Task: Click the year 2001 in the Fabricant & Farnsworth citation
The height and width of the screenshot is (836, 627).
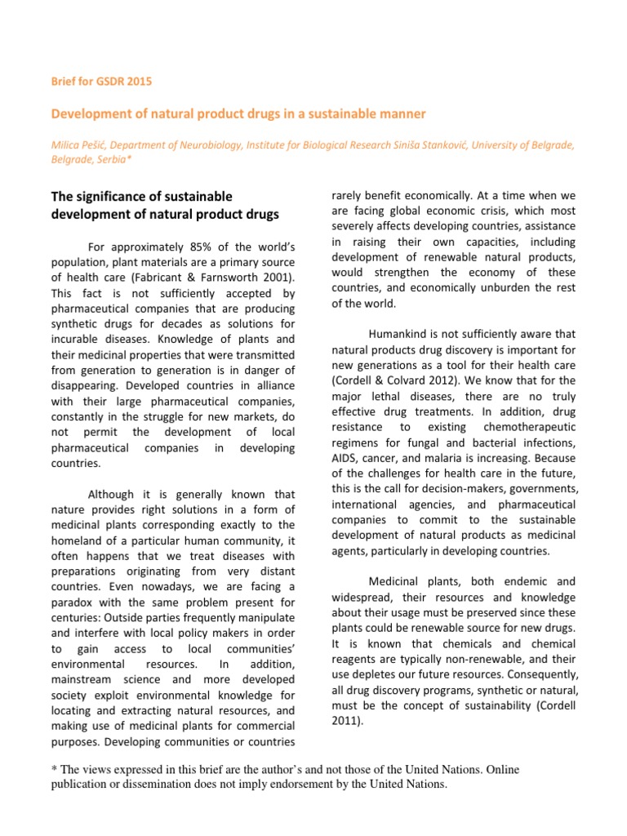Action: coord(275,278)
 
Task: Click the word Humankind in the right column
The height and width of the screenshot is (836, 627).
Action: coord(397,334)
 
